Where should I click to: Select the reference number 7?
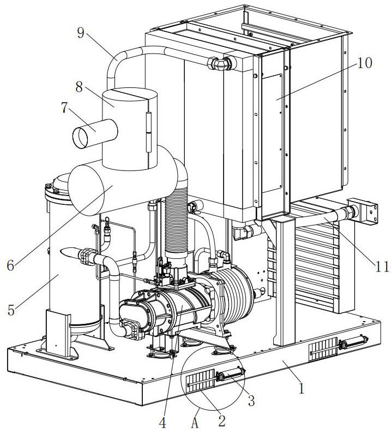65,108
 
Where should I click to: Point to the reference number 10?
365,63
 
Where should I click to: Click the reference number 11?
383,267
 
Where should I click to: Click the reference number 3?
251,401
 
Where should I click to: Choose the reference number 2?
221,419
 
